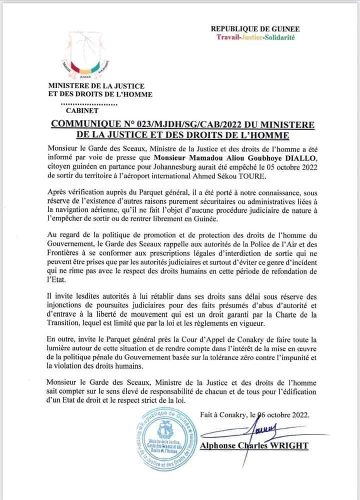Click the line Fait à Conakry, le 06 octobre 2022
254,414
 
